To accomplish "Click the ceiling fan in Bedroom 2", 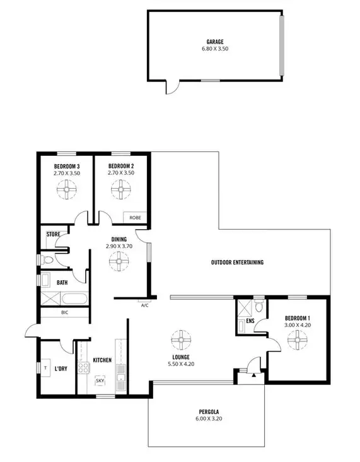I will [x=119, y=188].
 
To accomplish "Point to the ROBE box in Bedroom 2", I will [x=135, y=218].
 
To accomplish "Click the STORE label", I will [x=54, y=234].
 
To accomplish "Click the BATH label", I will [x=62, y=283].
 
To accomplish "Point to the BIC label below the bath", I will [x=64, y=312].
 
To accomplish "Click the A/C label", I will [x=144, y=304].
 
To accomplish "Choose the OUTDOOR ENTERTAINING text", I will [x=236, y=263].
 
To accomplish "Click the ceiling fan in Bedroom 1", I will [x=295, y=340].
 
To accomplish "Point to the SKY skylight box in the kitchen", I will [x=100, y=381].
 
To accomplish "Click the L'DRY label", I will [x=61, y=368].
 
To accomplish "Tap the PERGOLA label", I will [x=203, y=411].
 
